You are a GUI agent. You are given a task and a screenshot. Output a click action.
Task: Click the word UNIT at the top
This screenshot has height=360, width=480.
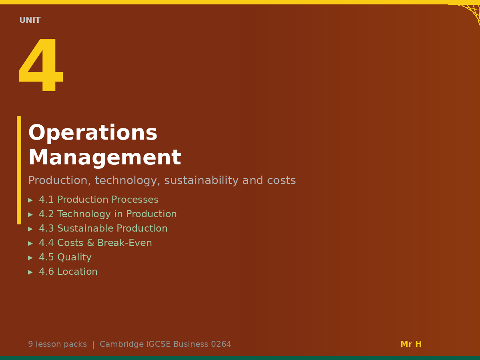30,20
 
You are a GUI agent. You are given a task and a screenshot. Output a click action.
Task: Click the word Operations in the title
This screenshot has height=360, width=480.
92,133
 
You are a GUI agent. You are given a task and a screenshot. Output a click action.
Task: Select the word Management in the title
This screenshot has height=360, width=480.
104,158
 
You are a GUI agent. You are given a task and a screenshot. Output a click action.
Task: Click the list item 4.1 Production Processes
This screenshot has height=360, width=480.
98,200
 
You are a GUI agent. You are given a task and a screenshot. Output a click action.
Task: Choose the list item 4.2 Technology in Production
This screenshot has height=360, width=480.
108,214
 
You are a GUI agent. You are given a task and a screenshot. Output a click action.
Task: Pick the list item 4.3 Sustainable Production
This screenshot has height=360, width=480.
103,228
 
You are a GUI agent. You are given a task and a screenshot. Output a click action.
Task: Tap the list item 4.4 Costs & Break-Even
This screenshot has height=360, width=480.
95,243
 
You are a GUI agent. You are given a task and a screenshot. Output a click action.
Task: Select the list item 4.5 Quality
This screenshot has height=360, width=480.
65,257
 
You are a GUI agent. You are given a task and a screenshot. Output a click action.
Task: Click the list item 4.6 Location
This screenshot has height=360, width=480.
68,272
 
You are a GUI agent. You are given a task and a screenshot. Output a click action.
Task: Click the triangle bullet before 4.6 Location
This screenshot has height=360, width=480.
30,272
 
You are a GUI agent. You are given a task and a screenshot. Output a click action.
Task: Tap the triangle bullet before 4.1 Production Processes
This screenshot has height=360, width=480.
30,200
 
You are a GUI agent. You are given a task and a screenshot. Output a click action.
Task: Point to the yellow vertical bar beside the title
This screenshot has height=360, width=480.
19,170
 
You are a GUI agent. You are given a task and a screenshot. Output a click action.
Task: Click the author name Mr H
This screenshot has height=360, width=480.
411,344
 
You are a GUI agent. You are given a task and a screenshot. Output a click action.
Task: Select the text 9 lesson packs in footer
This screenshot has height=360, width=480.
57,344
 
